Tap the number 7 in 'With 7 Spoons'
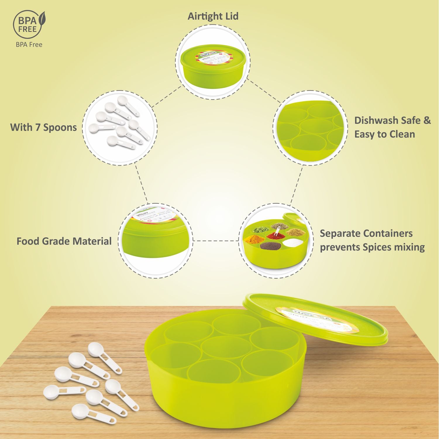tap(38, 128)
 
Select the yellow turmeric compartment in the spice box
tap(252, 239)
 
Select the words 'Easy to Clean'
tap(385, 134)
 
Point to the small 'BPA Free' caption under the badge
tap(29, 45)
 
